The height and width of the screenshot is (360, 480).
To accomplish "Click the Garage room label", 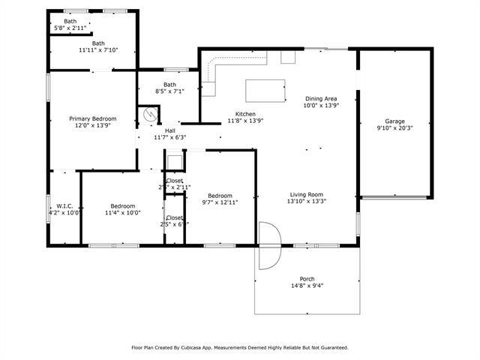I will [x=394, y=121].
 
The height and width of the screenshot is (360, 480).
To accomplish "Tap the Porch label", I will [x=307, y=278].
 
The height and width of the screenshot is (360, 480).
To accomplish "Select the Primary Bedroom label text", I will [x=93, y=118].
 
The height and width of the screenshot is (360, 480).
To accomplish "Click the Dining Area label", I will [x=320, y=98].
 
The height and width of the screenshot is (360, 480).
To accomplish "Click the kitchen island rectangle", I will [x=266, y=90].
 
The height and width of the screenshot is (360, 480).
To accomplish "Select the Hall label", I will [x=169, y=130].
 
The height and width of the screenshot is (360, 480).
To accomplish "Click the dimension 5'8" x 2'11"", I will [x=70, y=28].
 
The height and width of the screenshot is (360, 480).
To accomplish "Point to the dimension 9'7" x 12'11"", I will [x=220, y=202].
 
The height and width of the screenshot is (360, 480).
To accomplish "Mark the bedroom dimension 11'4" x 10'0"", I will [x=122, y=213].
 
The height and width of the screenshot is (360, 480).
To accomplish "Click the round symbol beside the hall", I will [x=151, y=115].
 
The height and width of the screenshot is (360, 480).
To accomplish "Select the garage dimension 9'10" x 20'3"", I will [x=394, y=127].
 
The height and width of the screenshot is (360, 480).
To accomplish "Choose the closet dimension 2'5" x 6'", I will [x=173, y=223].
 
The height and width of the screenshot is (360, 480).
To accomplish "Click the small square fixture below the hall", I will [x=174, y=161].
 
